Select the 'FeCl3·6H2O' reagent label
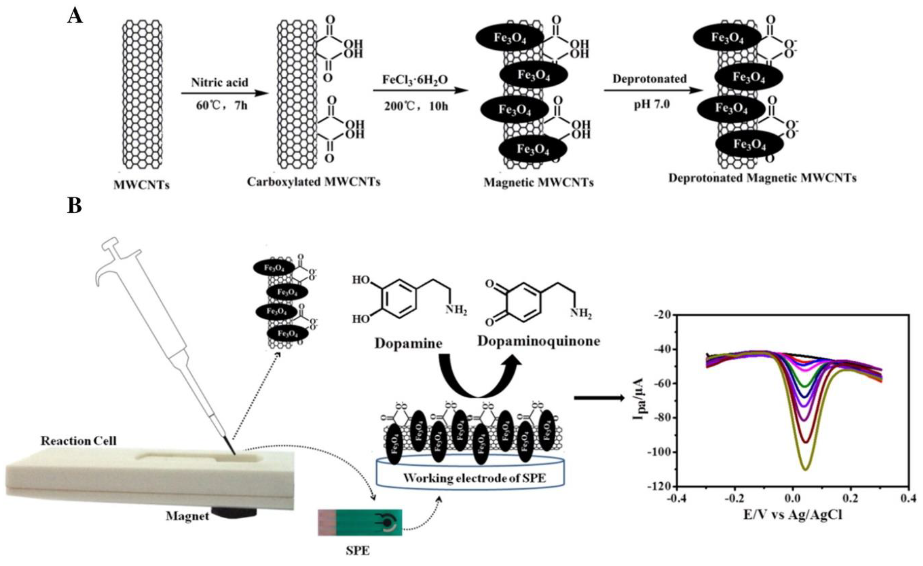coord(415,80)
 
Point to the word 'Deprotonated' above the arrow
coord(649,79)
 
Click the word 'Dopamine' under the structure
coord(408,343)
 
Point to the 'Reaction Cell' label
coord(79,441)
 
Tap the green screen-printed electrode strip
coord(360,522)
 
